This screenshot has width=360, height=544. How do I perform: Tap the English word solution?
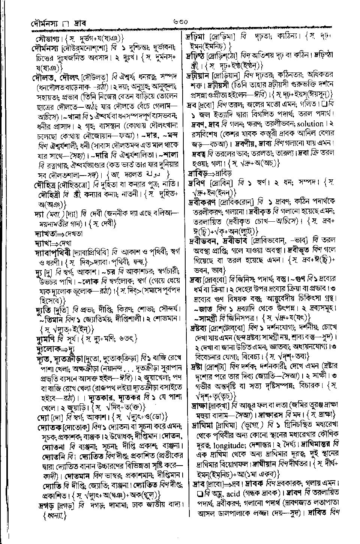click(x=307, y=124)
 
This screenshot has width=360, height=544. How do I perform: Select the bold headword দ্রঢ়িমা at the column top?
click(x=197, y=38)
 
